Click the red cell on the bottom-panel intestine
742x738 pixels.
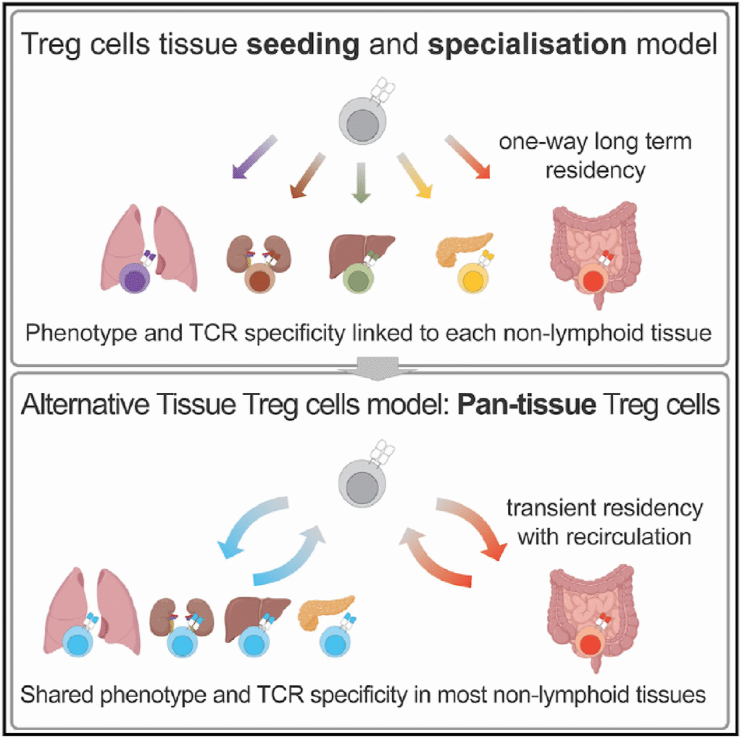[x=591, y=644]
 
